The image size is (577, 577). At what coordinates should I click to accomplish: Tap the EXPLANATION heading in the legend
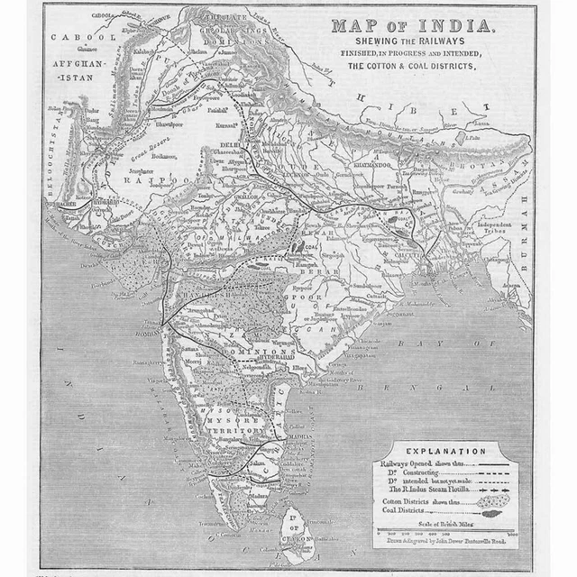(x=445, y=451)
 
